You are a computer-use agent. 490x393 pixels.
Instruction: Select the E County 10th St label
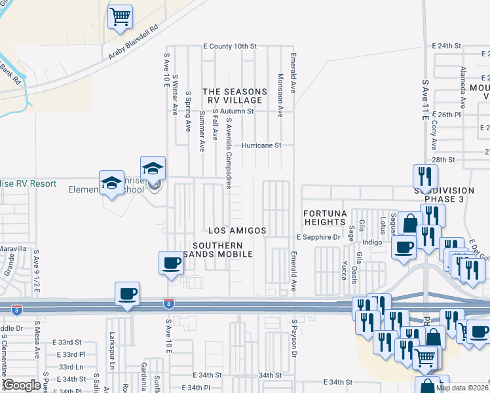(x=230, y=47)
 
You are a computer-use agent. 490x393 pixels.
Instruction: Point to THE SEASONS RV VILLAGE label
(x=235, y=96)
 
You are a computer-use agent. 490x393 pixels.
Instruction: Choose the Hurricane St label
(x=261, y=145)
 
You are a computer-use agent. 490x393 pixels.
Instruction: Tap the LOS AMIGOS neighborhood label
(x=237, y=231)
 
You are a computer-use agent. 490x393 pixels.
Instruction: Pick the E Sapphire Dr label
(x=319, y=236)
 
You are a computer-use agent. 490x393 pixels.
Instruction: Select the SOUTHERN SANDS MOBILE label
(x=221, y=250)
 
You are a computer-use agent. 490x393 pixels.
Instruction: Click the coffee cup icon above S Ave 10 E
(x=171, y=263)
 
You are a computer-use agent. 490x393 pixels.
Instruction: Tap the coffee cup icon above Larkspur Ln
(x=127, y=293)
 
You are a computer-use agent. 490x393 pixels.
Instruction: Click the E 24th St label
(x=448, y=46)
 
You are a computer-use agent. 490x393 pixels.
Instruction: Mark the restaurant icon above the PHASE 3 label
(x=424, y=176)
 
